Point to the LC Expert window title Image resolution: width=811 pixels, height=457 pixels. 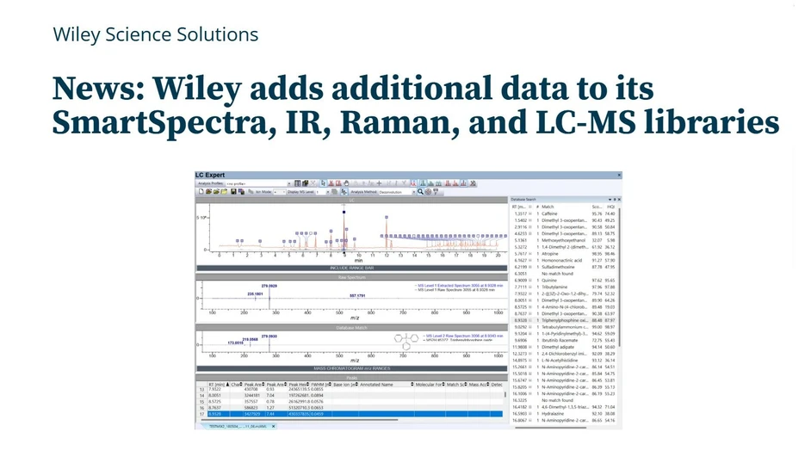(210, 175)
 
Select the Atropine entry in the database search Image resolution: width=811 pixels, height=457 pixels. (550, 254)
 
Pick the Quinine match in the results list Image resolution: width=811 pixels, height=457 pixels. (550, 281)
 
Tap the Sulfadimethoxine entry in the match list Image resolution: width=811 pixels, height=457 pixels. (560, 267)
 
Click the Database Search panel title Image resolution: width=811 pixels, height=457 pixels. (525, 199)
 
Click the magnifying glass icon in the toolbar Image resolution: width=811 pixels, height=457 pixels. (420, 192)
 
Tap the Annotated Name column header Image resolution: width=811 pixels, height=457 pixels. (377, 384)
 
